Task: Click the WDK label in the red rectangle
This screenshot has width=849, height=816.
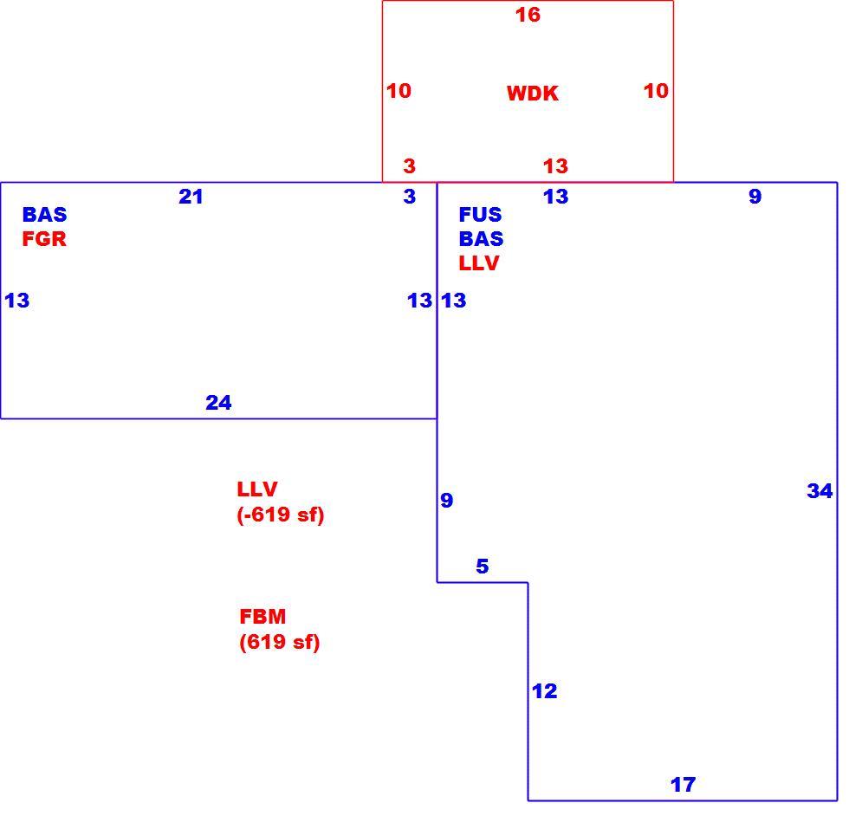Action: (x=532, y=94)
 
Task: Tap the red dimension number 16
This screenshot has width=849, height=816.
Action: (x=528, y=15)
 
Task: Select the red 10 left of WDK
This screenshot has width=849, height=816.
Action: (x=399, y=90)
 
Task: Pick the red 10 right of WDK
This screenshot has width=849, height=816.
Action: (x=656, y=90)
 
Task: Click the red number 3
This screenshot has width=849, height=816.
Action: (x=409, y=165)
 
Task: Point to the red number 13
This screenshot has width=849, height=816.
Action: (x=555, y=165)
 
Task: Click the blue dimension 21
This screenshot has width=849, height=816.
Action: (x=191, y=197)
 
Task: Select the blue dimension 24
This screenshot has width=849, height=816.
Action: (x=218, y=402)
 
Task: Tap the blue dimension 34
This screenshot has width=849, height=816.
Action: (x=820, y=490)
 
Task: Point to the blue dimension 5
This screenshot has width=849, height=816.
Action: (x=483, y=566)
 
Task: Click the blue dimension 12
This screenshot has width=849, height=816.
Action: (x=544, y=691)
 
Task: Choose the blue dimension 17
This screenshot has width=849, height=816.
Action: (x=683, y=784)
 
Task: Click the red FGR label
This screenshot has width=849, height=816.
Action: (x=44, y=239)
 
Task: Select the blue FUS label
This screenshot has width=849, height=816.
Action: (x=480, y=215)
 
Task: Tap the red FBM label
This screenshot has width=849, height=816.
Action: (x=262, y=616)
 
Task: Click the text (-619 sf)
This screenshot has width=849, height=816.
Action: (x=281, y=515)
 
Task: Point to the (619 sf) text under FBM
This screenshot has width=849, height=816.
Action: (x=279, y=642)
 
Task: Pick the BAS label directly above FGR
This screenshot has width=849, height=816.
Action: (x=44, y=215)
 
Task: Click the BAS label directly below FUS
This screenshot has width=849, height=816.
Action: (x=482, y=239)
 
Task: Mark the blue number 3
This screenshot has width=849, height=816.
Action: (x=409, y=197)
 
